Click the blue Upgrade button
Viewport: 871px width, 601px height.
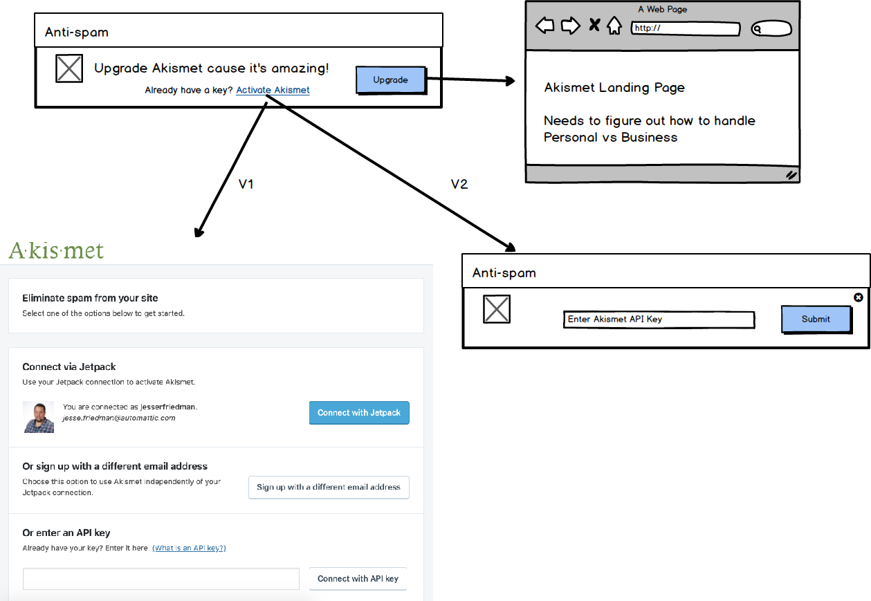coord(391,80)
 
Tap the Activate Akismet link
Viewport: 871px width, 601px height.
coord(273,90)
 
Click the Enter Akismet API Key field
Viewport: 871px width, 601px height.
coord(659,320)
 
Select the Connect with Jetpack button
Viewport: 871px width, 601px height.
coord(359,412)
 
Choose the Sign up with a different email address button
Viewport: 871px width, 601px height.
coord(329,487)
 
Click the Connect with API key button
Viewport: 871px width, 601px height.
coord(358,578)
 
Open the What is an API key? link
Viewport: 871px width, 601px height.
coord(189,548)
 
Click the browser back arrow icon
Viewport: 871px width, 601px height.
coord(544,26)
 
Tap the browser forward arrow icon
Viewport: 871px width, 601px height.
coord(571,26)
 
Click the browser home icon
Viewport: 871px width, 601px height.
coord(614,26)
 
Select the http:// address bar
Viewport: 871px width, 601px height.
coord(686,28)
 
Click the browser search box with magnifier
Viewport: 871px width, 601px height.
coord(771,28)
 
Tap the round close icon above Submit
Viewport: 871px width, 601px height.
coord(858,297)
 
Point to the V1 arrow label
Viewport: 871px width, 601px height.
coord(246,184)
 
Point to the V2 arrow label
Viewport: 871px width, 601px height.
coord(459,184)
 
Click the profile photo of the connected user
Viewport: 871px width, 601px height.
coord(39,417)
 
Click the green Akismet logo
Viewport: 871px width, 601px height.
coord(56,250)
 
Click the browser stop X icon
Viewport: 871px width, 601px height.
coord(594,25)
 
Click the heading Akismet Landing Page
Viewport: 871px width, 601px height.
coord(614,87)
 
